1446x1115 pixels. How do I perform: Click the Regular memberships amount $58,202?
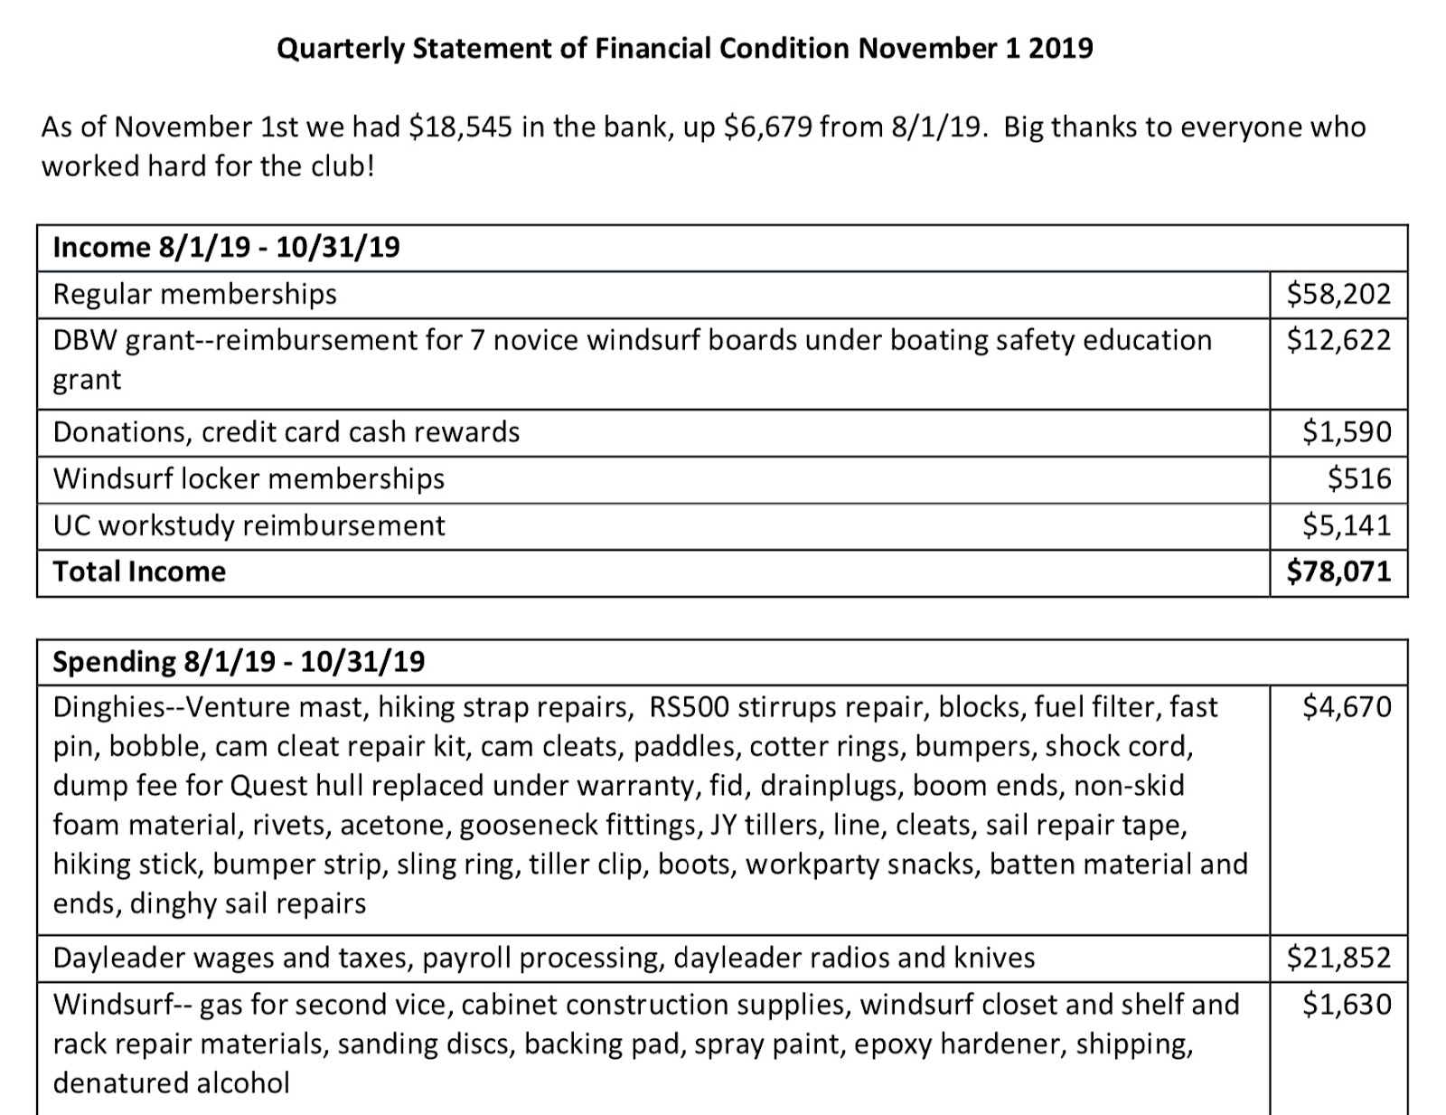tap(1338, 294)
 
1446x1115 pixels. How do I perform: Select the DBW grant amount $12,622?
tap(1338, 340)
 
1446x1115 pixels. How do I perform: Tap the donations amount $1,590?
tap(1346, 431)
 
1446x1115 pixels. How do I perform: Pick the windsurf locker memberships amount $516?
tap(1358, 478)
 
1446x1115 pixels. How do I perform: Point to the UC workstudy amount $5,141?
tap(1346, 525)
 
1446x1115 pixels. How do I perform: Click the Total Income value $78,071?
tap(1338, 572)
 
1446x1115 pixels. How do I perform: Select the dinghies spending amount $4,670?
tap(1346, 706)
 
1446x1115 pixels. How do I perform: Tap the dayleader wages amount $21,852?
tap(1338, 958)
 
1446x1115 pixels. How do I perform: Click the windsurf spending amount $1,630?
tap(1346, 1004)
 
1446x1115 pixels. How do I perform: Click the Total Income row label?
tap(139, 572)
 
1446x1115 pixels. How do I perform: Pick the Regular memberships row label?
tap(194, 294)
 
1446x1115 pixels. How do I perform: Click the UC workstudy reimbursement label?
tap(249, 525)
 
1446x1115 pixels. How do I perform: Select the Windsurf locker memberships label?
tap(249, 478)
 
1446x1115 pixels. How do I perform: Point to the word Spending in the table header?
tap(114, 662)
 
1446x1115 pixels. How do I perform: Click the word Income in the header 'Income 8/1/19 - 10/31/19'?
tap(101, 247)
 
